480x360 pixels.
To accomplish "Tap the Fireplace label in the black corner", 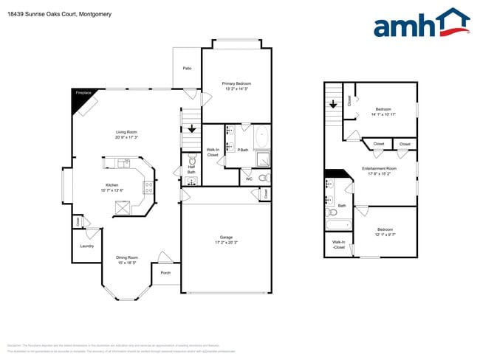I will click(83, 93).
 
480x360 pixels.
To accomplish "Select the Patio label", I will click(187, 68).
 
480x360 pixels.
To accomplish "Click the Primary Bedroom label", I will click(237, 84).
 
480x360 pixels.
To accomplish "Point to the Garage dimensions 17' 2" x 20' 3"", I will click(226, 242).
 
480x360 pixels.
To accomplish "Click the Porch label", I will click(165, 273).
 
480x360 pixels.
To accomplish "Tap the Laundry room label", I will click(87, 246).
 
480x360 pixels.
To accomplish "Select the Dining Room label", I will click(127, 257).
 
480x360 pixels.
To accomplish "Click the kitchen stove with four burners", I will click(148, 187).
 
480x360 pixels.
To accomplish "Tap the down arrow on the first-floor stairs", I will click(192, 129).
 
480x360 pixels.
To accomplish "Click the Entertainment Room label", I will click(380, 169).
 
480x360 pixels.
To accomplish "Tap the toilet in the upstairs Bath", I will click(330, 212).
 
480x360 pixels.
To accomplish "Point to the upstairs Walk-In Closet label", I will click(338, 244).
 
